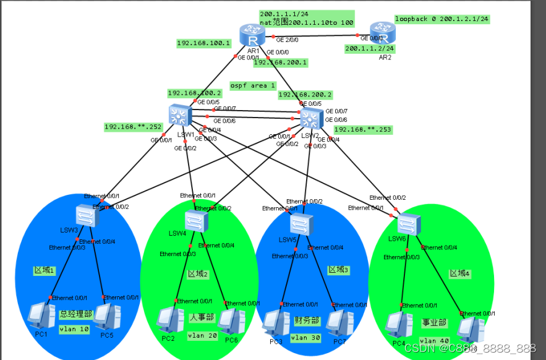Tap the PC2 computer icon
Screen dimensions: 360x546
pos(168,320)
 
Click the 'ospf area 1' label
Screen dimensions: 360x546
pos(253,85)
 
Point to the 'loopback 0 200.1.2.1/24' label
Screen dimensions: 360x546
pos(442,19)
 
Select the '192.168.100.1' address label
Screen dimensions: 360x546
pos(203,43)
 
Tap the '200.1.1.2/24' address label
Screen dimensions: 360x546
pos(369,48)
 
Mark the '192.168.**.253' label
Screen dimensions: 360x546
pos(363,129)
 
